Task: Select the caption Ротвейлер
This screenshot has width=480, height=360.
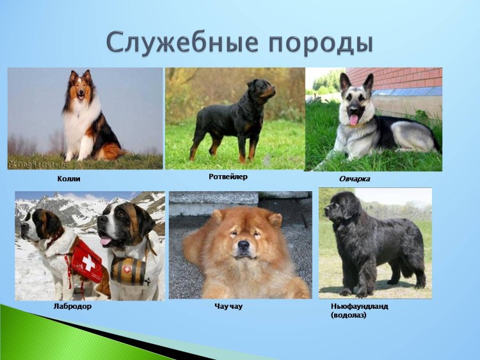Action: [227, 176]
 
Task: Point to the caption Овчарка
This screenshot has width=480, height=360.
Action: [354, 178]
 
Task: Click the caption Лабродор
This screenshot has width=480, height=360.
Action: [72, 306]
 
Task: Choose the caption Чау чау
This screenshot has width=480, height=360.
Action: [228, 306]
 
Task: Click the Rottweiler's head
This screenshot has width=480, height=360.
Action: [264, 88]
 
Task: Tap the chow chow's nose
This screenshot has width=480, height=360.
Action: [243, 245]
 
